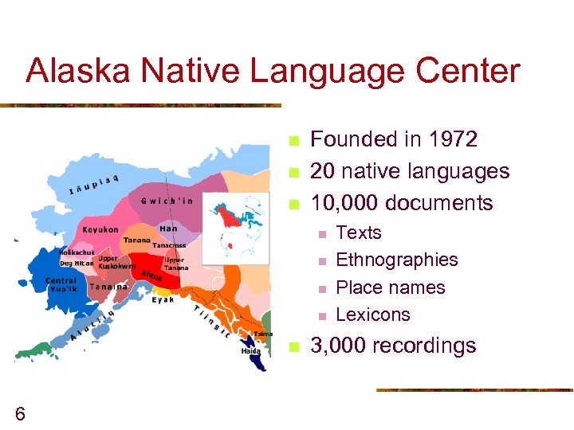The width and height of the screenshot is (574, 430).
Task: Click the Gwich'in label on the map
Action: (x=167, y=201)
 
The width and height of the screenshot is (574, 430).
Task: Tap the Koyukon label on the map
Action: (x=100, y=230)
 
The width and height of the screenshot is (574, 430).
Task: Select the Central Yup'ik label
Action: (x=61, y=284)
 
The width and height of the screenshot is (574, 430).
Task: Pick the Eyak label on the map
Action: (x=164, y=299)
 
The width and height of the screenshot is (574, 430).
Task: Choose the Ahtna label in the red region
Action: (x=151, y=276)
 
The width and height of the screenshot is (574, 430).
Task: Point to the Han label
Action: (x=168, y=229)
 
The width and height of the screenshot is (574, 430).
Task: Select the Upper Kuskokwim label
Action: (x=116, y=262)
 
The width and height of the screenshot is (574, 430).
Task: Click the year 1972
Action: (x=450, y=139)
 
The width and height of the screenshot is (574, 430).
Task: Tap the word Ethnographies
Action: (x=397, y=260)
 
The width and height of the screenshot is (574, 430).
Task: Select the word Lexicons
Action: (x=373, y=315)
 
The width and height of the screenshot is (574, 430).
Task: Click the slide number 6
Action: (x=20, y=413)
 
